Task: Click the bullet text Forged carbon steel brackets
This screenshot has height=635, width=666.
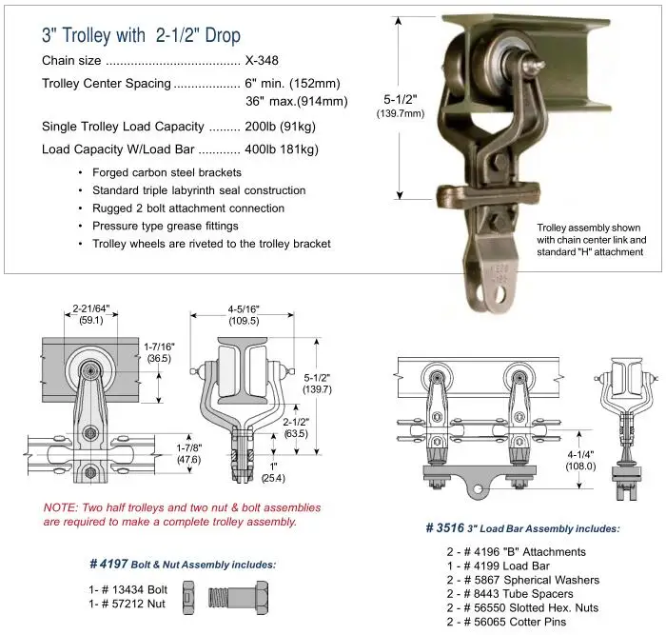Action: click(x=166, y=172)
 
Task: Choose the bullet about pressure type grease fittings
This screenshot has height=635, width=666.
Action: click(x=165, y=226)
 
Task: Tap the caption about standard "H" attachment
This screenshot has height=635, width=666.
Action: click(x=590, y=240)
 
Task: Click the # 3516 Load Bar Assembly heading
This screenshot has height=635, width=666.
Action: click(x=522, y=528)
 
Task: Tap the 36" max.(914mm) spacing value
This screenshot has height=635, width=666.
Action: click(x=296, y=101)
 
